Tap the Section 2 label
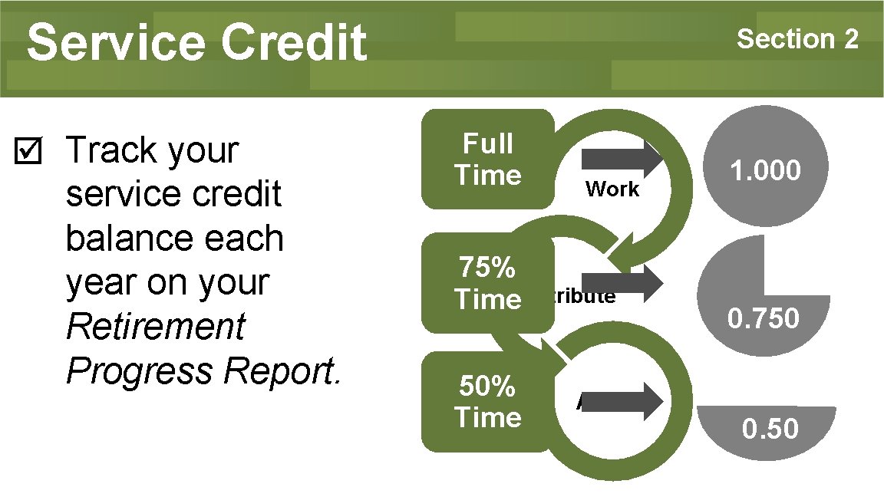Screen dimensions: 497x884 (x=797, y=38)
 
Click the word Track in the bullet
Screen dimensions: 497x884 (x=112, y=150)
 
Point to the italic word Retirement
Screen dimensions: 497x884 (x=155, y=327)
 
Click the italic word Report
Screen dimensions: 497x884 (x=279, y=371)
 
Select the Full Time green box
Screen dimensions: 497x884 (x=487, y=159)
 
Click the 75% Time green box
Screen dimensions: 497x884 (x=487, y=283)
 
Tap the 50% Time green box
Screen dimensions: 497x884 (x=487, y=402)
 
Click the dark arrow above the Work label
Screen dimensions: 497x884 (x=622, y=159)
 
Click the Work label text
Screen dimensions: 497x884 (x=612, y=189)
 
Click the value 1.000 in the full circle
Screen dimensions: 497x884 (x=765, y=171)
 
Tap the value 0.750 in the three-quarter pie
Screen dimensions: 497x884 (x=764, y=318)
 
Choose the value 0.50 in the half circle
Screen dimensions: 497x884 (x=770, y=429)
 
